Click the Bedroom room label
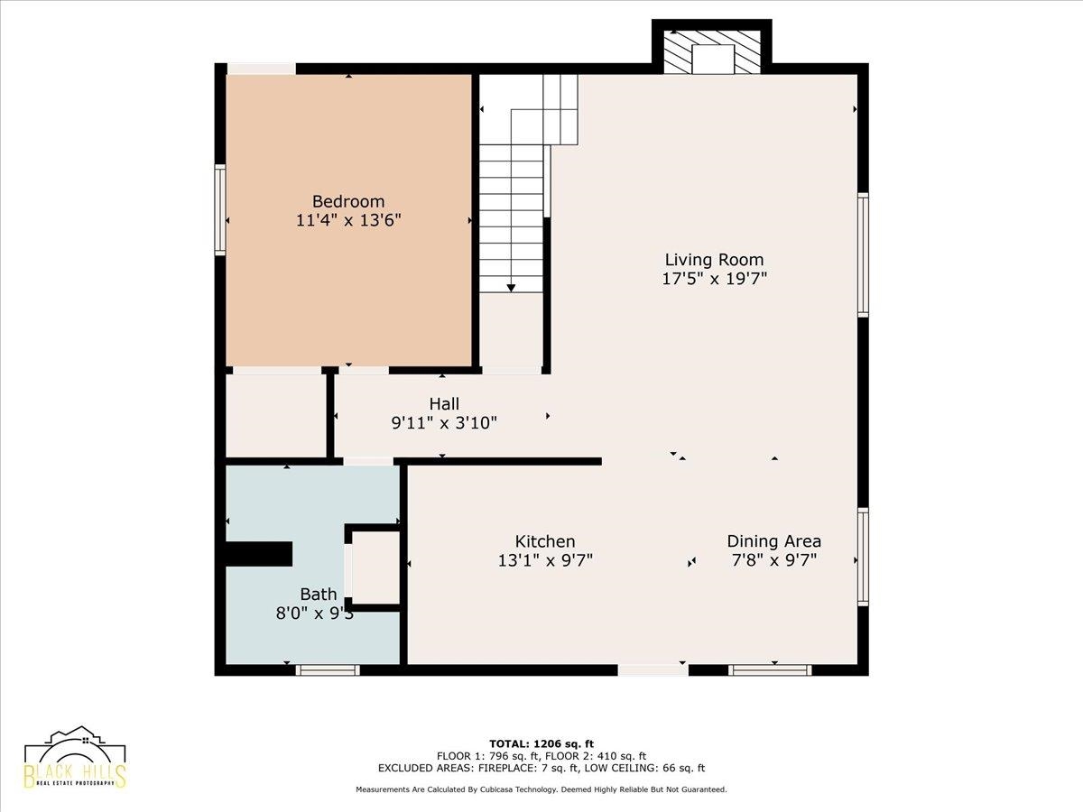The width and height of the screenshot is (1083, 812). [x=348, y=201]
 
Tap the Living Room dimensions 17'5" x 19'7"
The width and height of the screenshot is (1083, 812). [x=714, y=279]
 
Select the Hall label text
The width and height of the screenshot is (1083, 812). [x=444, y=404]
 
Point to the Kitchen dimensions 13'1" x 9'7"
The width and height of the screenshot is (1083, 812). [x=545, y=560]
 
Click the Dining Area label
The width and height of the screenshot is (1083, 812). [x=773, y=540]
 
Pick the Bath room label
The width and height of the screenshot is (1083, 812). [x=319, y=594]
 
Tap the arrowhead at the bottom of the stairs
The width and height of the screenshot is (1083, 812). [x=511, y=288]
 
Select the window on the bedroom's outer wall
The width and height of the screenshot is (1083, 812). [x=220, y=210]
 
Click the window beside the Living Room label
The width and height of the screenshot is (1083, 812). [x=863, y=255]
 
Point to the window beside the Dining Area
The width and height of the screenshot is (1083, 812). [x=863, y=557]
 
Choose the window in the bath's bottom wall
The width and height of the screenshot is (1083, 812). [x=328, y=670]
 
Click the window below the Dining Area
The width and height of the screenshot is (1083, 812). [x=770, y=670]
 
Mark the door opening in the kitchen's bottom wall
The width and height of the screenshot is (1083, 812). [x=653, y=670]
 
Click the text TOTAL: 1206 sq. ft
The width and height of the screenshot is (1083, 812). [x=541, y=743]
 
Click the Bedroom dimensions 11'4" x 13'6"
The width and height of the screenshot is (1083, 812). [x=348, y=220]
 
